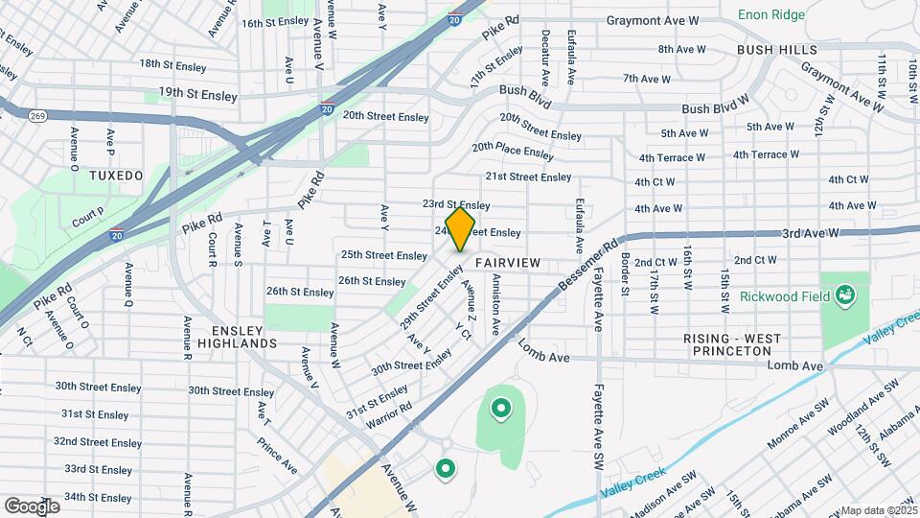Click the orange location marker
click(x=460, y=229)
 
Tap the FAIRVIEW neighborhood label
click(x=508, y=262)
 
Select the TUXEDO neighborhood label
click(x=115, y=176)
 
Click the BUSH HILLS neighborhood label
click(x=777, y=49)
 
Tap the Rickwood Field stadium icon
click(x=844, y=293)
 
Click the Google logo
click(x=32, y=506)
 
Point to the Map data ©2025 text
click(x=879, y=510)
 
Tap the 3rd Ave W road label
click(x=810, y=233)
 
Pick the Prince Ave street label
click(x=276, y=454)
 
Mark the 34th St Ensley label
click(x=98, y=498)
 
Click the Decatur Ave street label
click(x=544, y=58)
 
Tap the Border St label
click(x=625, y=273)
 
